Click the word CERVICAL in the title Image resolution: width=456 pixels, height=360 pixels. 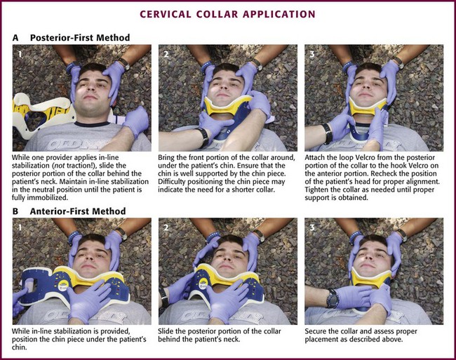pos(166,14)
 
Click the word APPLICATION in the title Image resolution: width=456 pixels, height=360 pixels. pos(279,14)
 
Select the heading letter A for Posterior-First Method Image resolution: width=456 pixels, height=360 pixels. pos(15,38)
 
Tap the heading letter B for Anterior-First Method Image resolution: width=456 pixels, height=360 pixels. pos(15,211)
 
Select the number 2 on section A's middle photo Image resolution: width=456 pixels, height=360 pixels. pos(166,54)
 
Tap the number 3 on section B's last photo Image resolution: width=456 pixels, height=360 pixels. pos(312,227)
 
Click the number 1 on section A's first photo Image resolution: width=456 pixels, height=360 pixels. pos(20,54)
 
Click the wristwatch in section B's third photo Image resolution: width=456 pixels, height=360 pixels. pos(332,298)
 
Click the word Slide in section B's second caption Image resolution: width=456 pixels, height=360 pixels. pos(165,331)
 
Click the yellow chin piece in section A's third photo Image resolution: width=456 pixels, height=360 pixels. pos(368,107)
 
